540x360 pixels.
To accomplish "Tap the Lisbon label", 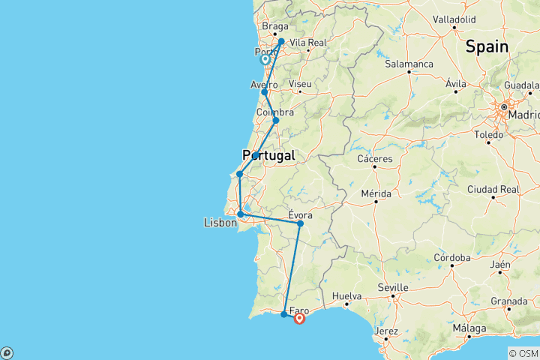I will pyautogui.click(x=220, y=223).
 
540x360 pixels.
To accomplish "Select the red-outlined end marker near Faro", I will pyautogui.click(x=300, y=319).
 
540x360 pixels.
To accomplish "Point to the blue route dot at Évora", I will pyautogui.click(x=300, y=223).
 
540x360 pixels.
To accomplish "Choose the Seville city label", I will pyautogui.click(x=393, y=287).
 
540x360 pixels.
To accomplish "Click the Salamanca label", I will pyautogui.click(x=409, y=64).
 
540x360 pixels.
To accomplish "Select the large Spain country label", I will pyautogui.click(x=487, y=46).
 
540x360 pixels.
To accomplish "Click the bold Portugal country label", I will pyautogui.click(x=268, y=155).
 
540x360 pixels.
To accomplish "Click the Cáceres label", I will pyautogui.click(x=376, y=159).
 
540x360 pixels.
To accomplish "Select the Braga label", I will pyautogui.click(x=274, y=25).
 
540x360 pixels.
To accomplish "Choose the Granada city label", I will pyautogui.click(x=509, y=301).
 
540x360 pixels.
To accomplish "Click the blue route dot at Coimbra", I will pyautogui.click(x=275, y=121).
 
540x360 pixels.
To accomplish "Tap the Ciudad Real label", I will pyautogui.click(x=493, y=189).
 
